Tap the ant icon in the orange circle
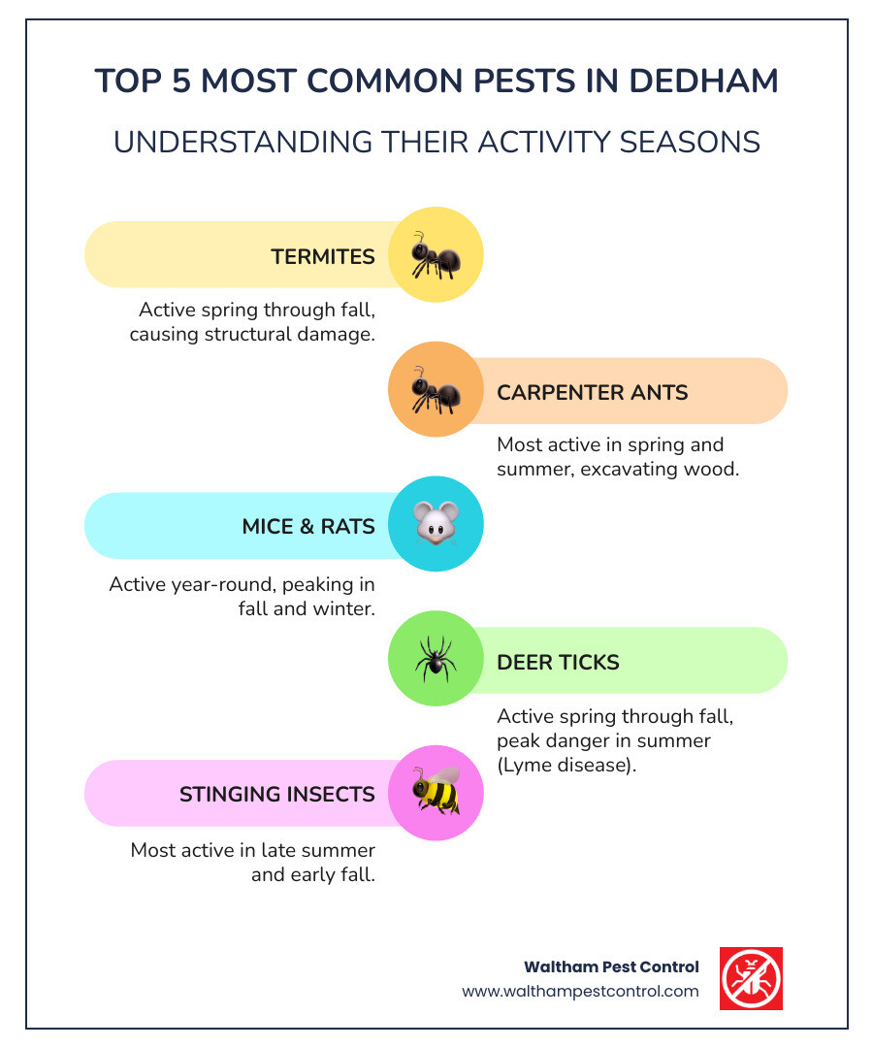435,391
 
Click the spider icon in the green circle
435,661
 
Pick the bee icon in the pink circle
435,793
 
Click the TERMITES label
323,256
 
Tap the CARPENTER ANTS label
593,392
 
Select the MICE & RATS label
308,526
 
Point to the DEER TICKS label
558,662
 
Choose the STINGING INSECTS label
277,794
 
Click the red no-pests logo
751,978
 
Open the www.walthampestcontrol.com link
580,991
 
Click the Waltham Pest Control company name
611,966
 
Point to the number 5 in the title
183,81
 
